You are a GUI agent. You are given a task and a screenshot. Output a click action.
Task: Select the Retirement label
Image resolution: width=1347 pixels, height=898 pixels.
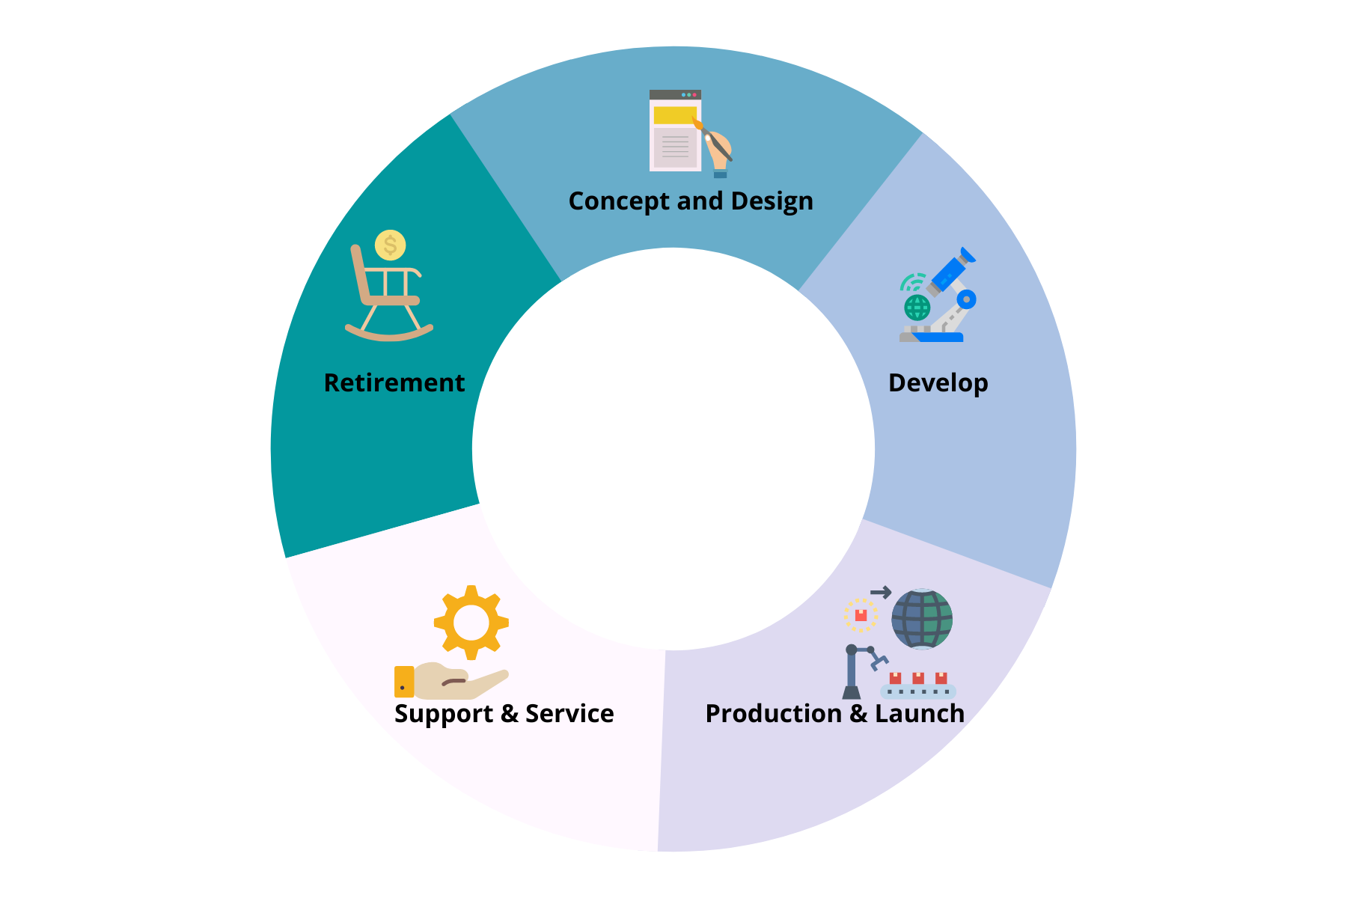(394, 383)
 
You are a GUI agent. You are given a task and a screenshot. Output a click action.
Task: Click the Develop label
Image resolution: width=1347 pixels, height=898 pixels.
(938, 383)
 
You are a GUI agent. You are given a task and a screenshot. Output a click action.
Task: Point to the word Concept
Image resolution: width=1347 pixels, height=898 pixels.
(619, 201)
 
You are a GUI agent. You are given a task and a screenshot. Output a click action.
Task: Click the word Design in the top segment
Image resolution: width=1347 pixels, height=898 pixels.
(772, 201)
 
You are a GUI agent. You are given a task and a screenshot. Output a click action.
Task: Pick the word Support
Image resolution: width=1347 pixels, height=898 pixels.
(444, 714)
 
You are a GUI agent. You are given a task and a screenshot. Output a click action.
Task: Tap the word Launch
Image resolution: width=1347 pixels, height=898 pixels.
(920, 714)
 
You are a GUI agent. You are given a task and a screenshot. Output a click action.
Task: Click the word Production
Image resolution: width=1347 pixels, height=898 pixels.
(773, 714)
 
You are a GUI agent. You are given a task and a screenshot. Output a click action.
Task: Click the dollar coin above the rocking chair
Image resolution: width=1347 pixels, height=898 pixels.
(390, 245)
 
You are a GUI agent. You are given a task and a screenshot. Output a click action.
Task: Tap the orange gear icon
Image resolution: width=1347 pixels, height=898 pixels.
(471, 622)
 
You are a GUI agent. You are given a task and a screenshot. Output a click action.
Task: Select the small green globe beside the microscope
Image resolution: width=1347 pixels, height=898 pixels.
(917, 307)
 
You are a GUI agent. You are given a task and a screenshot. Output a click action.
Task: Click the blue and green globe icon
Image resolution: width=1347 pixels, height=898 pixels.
(922, 619)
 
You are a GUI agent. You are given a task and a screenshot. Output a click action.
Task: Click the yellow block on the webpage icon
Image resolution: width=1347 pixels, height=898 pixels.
(674, 115)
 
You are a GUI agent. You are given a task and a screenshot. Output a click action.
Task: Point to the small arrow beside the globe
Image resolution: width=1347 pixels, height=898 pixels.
(881, 593)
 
